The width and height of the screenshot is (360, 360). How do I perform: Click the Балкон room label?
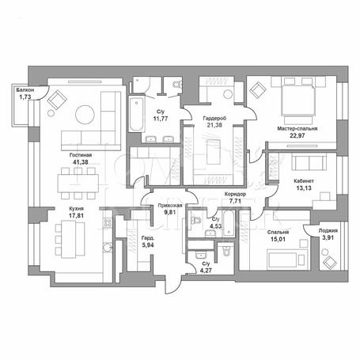coord(25,90)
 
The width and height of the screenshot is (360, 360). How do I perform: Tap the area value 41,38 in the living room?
coord(81,162)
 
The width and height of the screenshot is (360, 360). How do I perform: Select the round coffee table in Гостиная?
coord(85,115)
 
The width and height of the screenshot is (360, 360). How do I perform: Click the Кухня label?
coord(76,209)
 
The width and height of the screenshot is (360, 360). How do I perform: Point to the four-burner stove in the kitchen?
coord(108,223)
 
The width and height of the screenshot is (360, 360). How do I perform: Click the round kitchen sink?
coord(108,247)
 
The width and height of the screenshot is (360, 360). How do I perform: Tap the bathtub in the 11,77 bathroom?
coord(136,114)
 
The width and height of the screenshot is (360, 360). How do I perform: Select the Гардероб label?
coord(214,119)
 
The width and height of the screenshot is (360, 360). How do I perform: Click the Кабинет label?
coord(304,181)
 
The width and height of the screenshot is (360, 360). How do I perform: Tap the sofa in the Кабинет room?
coord(309,162)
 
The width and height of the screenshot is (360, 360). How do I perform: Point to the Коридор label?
coord(235,194)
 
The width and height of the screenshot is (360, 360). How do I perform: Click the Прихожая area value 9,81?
coord(169,212)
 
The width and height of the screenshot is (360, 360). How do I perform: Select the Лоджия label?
coord(328,230)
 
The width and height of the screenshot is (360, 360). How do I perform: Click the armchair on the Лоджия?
coord(330,262)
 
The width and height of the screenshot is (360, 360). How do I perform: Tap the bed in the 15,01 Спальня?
coord(287,259)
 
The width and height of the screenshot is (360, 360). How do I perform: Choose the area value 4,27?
coord(206,271)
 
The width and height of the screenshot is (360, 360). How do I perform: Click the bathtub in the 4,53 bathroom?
coord(228,224)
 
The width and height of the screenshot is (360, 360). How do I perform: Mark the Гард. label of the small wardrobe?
coord(148,238)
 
